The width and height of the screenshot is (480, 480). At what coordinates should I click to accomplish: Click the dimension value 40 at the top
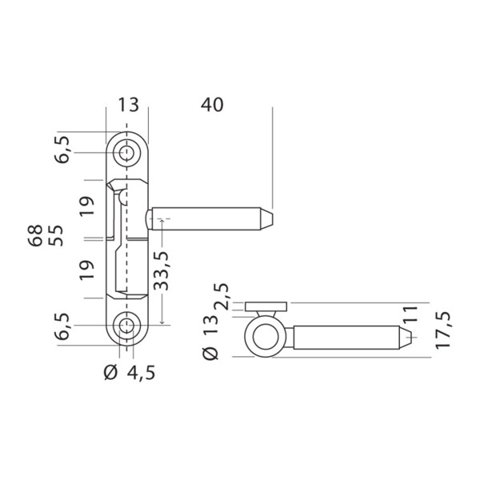pos(212,105)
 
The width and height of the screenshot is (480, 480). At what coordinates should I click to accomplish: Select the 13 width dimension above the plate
pos(129,105)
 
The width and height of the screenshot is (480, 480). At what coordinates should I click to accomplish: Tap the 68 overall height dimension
pos(35,235)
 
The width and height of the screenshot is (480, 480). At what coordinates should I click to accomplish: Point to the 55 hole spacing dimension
pos(56,235)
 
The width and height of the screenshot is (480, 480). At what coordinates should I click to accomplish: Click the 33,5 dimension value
pos(161,270)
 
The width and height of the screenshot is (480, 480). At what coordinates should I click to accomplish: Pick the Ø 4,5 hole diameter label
pos(130,372)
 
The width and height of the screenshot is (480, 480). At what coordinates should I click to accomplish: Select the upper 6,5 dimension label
pos(62,150)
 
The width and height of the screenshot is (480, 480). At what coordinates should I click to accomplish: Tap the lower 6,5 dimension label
pos(62,326)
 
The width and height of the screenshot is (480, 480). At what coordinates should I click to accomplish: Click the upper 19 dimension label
pos(87,206)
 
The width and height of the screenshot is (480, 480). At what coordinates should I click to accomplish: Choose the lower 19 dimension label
pos(87,270)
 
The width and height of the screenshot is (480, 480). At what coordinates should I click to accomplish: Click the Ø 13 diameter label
pos(210,338)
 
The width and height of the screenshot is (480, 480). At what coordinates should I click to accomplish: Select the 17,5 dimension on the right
pos(442,330)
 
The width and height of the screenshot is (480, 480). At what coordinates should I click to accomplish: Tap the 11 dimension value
pos(410,314)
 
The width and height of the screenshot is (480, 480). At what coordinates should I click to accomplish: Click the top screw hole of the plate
pos(126,153)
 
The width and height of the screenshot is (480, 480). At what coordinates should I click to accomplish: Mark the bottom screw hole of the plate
pos(126,326)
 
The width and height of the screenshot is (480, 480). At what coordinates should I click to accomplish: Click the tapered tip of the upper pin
pos(266,219)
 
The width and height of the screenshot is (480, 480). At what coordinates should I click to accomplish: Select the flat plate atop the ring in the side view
pos(266,306)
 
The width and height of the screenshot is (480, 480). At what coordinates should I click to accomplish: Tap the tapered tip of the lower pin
pos(405,338)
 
